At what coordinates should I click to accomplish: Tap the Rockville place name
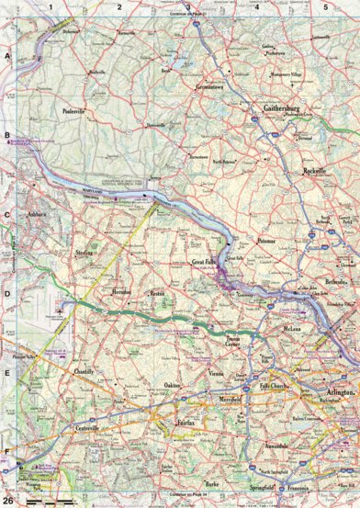[315, 171]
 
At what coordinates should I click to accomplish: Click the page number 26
[8, 501]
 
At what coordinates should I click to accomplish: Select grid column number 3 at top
[188, 6]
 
